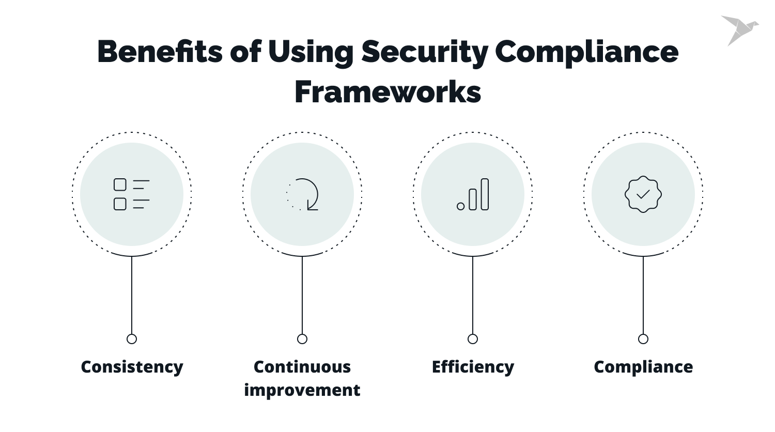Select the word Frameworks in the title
tap(388, 92)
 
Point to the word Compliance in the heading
tap(586, 52)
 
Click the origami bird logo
tap(739, 29)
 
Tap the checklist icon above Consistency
tap(131, 194)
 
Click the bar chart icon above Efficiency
tap(473, 194)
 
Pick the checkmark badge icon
tap(643, 194)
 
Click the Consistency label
tap(132, 367)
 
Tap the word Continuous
tap(302, 367)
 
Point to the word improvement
tap(302, 390)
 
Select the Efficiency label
tap(473, 367)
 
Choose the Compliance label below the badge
tap(643, 367)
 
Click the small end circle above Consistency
tap(132, 339)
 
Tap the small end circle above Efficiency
tap(473, 339)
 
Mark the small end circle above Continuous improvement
tap(302, 339)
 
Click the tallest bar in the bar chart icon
tap(485, 194)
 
